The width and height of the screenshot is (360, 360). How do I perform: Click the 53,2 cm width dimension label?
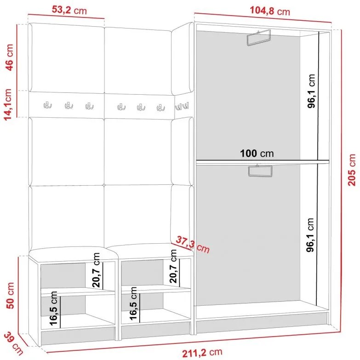69,10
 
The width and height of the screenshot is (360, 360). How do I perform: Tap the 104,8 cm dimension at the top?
270,11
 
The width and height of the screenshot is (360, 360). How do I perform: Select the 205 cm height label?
352,170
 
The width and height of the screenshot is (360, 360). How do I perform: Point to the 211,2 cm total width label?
202,353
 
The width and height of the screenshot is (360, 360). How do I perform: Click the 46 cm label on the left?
10,57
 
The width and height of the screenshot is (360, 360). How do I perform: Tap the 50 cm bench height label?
10,296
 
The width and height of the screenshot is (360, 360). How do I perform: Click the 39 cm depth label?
13,343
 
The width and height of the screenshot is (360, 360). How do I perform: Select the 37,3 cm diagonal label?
193,245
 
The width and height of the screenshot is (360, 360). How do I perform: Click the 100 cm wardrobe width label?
257,154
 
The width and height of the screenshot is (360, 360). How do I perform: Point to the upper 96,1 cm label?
311,91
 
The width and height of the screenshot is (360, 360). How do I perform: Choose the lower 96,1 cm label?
310,235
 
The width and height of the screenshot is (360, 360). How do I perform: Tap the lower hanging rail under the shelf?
260,171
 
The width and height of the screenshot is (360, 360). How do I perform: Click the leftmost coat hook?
47,105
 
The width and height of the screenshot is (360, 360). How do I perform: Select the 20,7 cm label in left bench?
96,270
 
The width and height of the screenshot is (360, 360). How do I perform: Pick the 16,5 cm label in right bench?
133,303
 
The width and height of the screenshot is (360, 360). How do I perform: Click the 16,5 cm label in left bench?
53,309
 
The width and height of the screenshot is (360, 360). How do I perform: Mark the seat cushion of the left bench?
74,254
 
